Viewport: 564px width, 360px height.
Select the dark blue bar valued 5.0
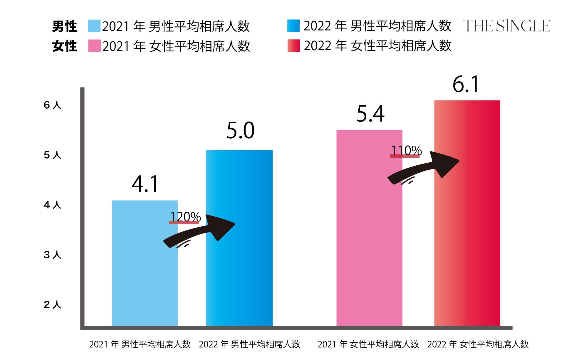click(239, 264)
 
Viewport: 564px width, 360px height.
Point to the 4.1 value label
click(145, 184)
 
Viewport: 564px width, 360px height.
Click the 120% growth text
click(185, 217)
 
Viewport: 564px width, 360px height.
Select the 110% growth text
click(406, 151)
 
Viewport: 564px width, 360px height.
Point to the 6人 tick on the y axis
click(52, 105)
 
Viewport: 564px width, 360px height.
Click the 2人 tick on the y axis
click(52, 305)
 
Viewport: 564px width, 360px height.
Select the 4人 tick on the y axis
click(52, 205)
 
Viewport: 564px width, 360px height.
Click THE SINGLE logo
click(506, 26)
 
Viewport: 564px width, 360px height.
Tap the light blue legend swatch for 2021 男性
click(94, 26)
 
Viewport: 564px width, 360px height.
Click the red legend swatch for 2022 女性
click(293, 46)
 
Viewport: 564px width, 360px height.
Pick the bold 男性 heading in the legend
click(64, 26)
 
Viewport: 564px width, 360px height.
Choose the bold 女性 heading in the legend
click(64, 46)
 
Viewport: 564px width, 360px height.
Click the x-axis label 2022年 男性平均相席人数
click(249, 344)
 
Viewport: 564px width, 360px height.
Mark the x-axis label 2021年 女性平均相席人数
click(368, 344)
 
